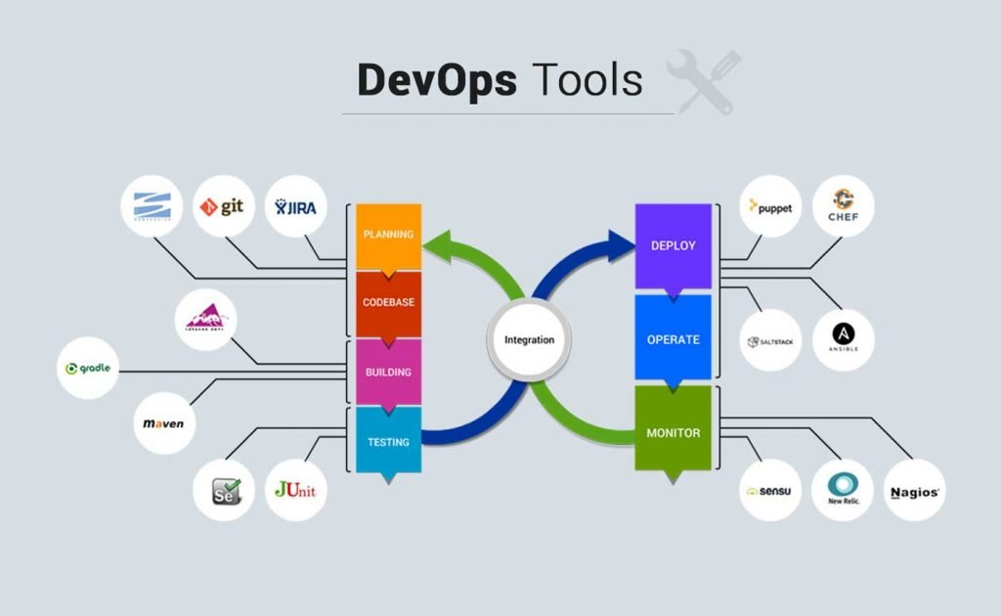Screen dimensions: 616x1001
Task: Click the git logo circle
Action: click(x=224, y=206)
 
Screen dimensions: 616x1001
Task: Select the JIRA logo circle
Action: click(x=296, y=206)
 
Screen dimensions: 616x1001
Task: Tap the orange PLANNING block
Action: click(x=388, y=235)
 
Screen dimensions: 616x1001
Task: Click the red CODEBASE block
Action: click(x=388, y=302)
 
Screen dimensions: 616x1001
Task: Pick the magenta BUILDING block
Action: click(x=388, y=372)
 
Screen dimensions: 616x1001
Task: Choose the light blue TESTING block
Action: click(x=388, y=441)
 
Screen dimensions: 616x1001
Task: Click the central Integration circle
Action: click(x=529, y=340)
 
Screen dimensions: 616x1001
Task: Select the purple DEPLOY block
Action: click(x=674, y=245)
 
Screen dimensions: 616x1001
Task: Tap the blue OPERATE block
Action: click(x=674, y=339)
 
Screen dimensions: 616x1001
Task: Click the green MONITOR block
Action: click(x=674, y=431)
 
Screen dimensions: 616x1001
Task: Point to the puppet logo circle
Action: click(x=770, y=206)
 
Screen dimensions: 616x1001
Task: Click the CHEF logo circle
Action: click(x=844, y=206)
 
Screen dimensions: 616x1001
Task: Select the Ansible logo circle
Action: click(x=844, y=340)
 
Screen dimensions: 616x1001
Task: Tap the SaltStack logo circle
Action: click(x=770, y=340)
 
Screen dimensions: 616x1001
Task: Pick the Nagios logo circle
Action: click(x=915, y=491)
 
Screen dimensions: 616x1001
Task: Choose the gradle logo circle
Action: click(x=88, y=369)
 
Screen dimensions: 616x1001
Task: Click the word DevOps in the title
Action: click(x=436, y=80)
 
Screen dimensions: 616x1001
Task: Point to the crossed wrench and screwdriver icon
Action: click(x=703, y=81)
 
